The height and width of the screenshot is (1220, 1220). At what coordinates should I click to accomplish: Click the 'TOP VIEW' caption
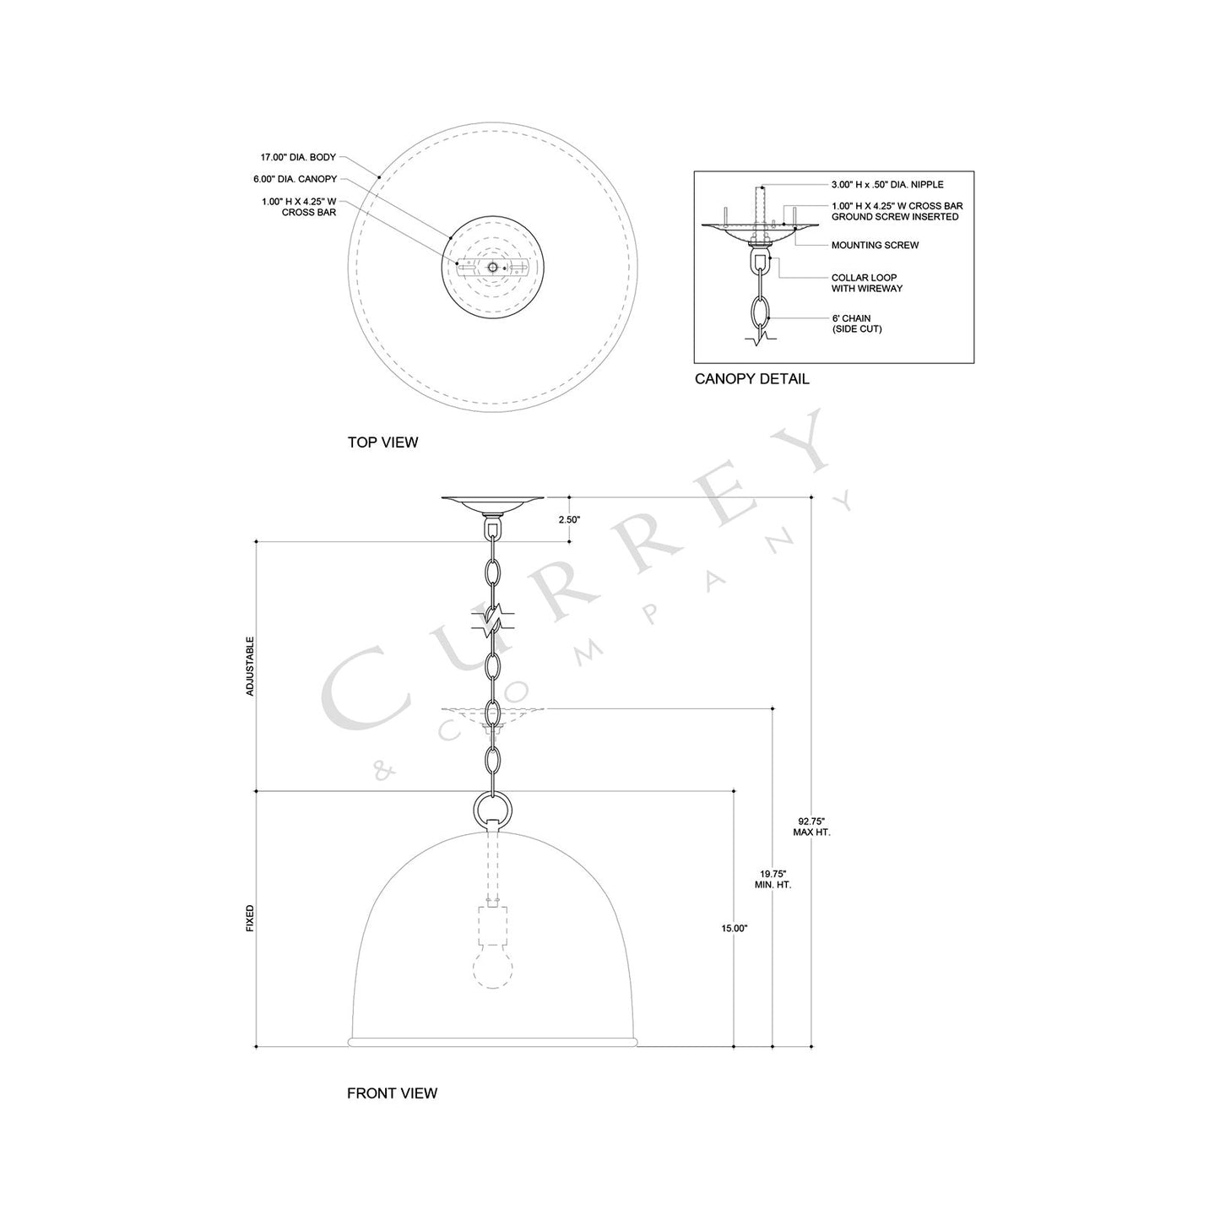(382, 442)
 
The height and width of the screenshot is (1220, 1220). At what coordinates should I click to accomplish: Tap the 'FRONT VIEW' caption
(392, 1093)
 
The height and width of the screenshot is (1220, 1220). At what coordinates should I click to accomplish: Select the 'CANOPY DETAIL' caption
(751, 379)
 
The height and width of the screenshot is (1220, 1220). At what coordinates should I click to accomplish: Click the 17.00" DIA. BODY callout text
(298, 158)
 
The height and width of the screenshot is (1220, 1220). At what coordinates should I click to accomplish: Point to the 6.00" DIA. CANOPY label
(295, 180)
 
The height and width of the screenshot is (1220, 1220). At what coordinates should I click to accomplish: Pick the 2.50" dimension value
(569, 520)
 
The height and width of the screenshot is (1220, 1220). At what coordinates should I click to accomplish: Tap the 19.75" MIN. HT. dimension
(773, 880)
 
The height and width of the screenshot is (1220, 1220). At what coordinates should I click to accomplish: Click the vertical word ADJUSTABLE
(250, 666)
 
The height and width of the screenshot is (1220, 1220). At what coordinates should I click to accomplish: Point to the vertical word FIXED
(250, 919)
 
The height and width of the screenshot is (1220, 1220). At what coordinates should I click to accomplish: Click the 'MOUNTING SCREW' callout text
(875, 246)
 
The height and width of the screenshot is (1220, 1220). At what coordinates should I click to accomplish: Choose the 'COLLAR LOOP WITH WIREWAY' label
(866, 283)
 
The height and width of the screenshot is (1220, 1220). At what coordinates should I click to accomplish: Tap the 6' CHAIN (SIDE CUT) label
(856, 323)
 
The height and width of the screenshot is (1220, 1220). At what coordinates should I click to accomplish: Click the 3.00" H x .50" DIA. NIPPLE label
(887, 185)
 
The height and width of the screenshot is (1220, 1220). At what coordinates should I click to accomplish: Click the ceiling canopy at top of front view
(491, 505)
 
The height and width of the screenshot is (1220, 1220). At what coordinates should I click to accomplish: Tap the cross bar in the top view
(492, 267)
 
